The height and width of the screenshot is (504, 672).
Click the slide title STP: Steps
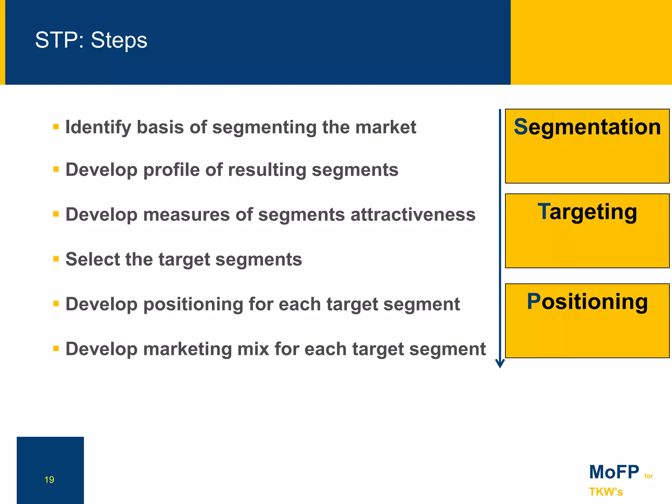pyautogui.click(x=91, y=40)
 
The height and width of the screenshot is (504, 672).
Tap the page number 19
pyautogui.click(x=49, y=480)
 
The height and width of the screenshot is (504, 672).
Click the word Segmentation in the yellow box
pyautogui.click(x=587, y=127)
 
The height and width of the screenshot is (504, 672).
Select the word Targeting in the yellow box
pyautogui.click(x=587, y=212)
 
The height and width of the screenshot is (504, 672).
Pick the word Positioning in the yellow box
pyautogui.click(x=587, y=302)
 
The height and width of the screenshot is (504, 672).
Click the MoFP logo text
pyautogui.click(x=614, y=472)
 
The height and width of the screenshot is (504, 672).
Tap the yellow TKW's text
pyautogui.click(x=605, y=492)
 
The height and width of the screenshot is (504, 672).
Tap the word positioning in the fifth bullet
pyautogui.click(x=193, y=304)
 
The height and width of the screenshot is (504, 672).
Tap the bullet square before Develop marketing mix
pyautogui.click(x=56, y=348)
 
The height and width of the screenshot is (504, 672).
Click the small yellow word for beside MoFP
pyautogui.click(x=648, y=476)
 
